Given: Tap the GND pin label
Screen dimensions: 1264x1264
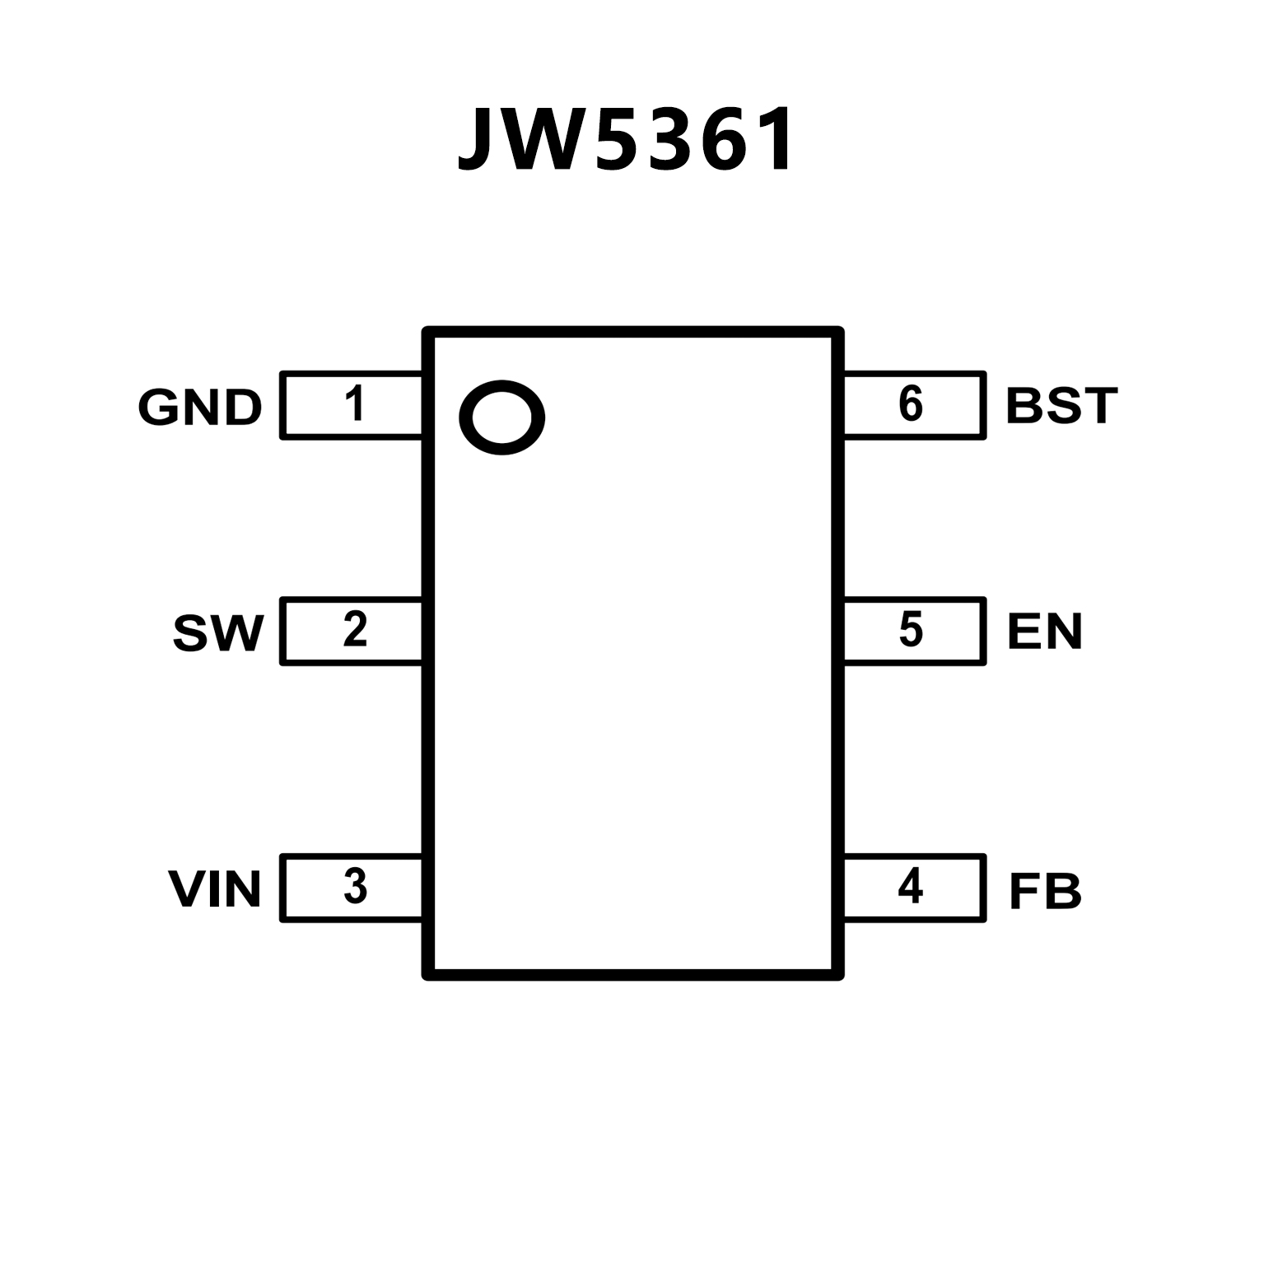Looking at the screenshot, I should (x=200, y=407).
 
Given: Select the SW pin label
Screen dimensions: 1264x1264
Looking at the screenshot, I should (x=218, y=632).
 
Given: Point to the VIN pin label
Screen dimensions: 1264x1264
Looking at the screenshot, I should (x=215, y=889).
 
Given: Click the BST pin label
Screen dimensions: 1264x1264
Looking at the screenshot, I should (x=1061, y=406).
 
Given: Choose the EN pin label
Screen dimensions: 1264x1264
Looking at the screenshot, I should (x=1044, y=632).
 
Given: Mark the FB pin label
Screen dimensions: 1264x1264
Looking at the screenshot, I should (x=1045, y=891).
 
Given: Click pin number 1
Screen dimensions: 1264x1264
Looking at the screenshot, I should (x=355, y=404).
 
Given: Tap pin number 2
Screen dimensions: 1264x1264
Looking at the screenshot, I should (x=355, y=630).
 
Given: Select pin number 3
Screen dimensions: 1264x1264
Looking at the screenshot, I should (x=355, y=887).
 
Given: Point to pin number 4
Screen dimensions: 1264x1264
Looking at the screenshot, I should (x=910, y=887).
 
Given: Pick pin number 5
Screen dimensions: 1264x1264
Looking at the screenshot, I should (x=910, y=630).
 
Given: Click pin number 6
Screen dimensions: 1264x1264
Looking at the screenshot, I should (x=910, y=404).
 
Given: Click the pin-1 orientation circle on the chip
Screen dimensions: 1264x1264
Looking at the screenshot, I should (x=501, y=417).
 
